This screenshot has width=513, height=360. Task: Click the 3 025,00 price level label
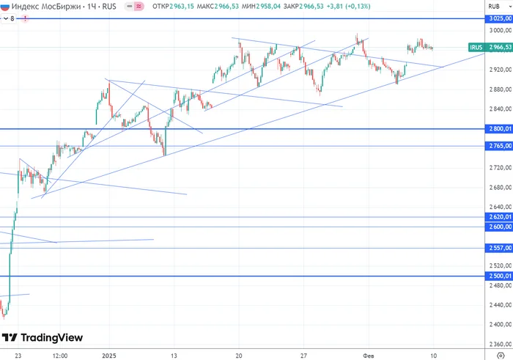point(499,18)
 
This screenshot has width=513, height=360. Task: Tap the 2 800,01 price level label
point(499,129)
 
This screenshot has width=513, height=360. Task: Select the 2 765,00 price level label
point(499,146)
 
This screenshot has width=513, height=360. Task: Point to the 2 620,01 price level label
point(499,216)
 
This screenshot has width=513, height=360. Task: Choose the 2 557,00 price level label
point(499,248)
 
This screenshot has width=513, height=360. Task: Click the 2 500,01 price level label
point(499,276)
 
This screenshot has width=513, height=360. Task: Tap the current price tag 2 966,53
point(499,47)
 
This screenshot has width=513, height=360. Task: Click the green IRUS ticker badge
point(476,47)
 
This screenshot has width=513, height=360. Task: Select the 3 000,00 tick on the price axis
point(501,30)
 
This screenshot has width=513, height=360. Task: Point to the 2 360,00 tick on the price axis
point(501,344)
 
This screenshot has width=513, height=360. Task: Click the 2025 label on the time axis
point(109,356)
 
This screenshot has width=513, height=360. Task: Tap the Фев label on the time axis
point(368,356)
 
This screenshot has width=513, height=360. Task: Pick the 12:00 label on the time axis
point(60,356)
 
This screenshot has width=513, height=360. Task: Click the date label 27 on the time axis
point(303,356)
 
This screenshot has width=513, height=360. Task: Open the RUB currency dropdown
point(499,6)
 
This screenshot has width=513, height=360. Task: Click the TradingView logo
point(43,337)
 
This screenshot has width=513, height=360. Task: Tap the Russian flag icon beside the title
point(5,6)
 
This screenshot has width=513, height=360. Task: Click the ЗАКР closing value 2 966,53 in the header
point(311,6)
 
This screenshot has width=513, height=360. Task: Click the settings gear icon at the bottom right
point(501,356)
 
